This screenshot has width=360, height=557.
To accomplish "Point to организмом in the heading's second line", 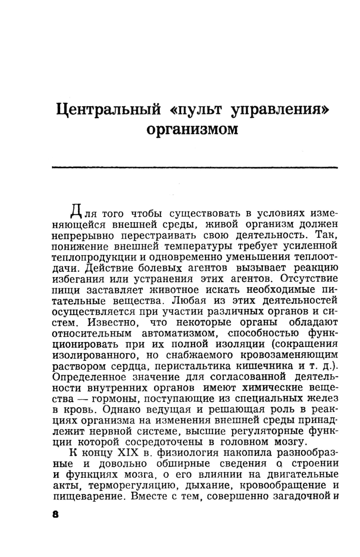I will (x=193, y=129).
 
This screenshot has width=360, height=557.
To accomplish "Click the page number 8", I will (x=55, y=514).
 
